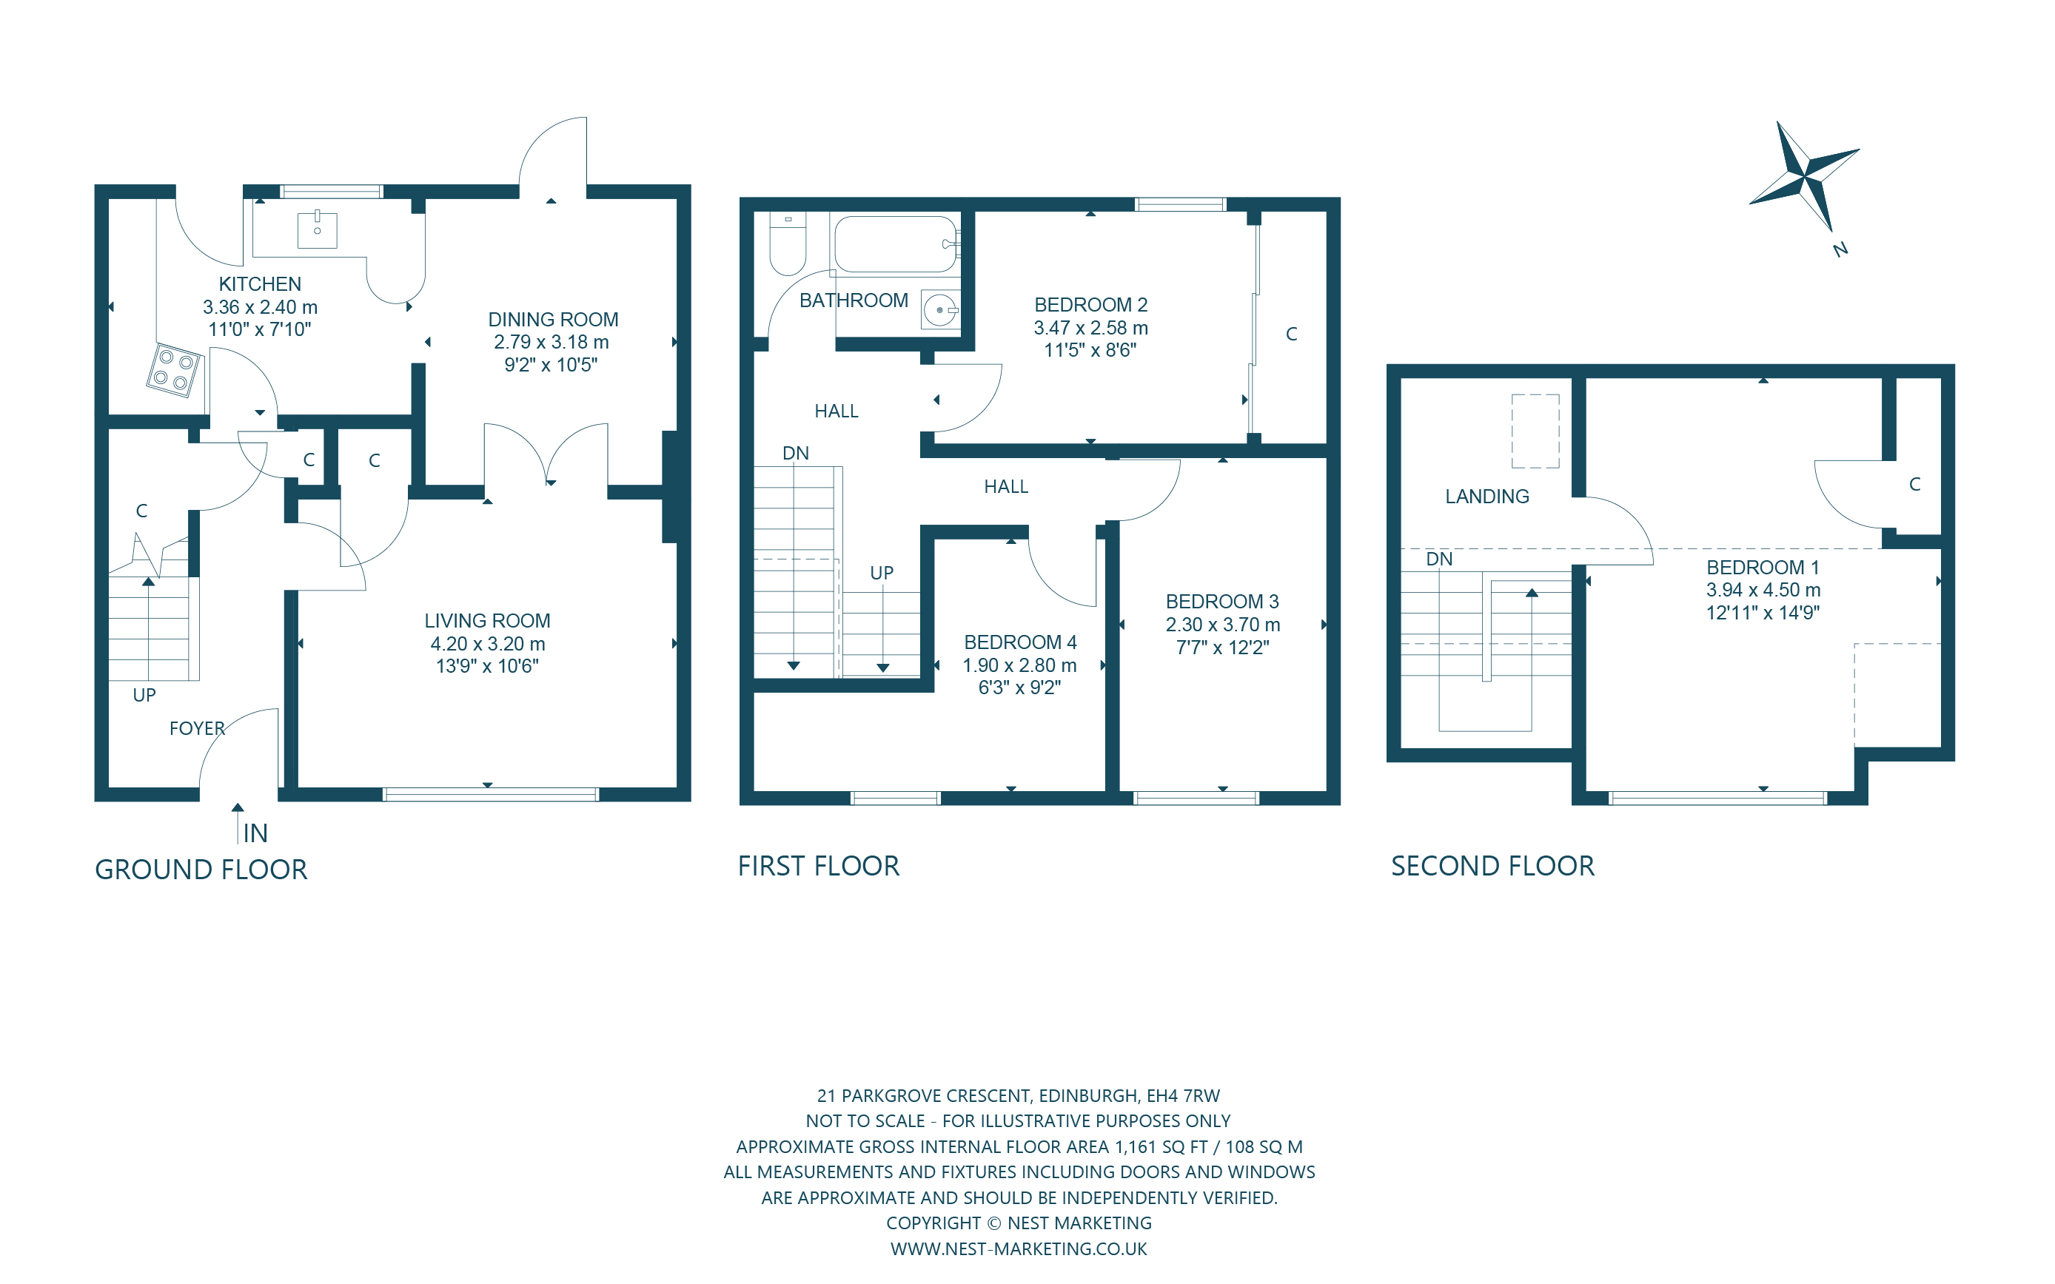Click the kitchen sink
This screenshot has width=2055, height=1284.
(317, 229)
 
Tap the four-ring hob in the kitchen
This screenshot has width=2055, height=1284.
(174, 370)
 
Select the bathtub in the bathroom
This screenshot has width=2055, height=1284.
(896, 243)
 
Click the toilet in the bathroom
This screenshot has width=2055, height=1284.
(787, 246)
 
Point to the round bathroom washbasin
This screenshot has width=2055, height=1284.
(939, 310)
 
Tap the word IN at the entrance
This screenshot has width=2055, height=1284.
(255, 833)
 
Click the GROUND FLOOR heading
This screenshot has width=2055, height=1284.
(201, 870)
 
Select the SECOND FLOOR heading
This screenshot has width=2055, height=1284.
(1492, 866)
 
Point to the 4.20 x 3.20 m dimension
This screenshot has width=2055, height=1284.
(486, 644)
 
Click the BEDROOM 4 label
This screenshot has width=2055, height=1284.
(1019, 642)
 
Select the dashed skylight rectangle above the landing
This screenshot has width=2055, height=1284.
(1535, 431)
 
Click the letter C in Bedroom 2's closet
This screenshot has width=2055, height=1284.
(1291, 334)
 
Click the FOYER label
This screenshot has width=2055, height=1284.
(197, 729)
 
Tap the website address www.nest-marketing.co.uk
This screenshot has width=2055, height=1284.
(1018, 1248)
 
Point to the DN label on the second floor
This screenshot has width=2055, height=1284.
(1438, 559)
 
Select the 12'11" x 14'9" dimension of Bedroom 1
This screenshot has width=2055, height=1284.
(1762, 612)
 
